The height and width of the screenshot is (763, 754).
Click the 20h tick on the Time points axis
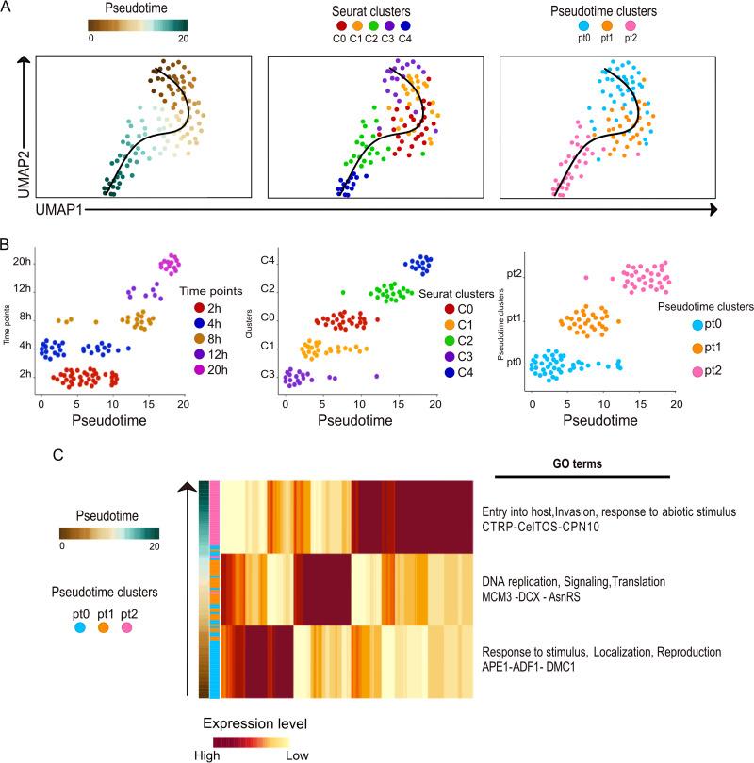(x=21, y=261)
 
